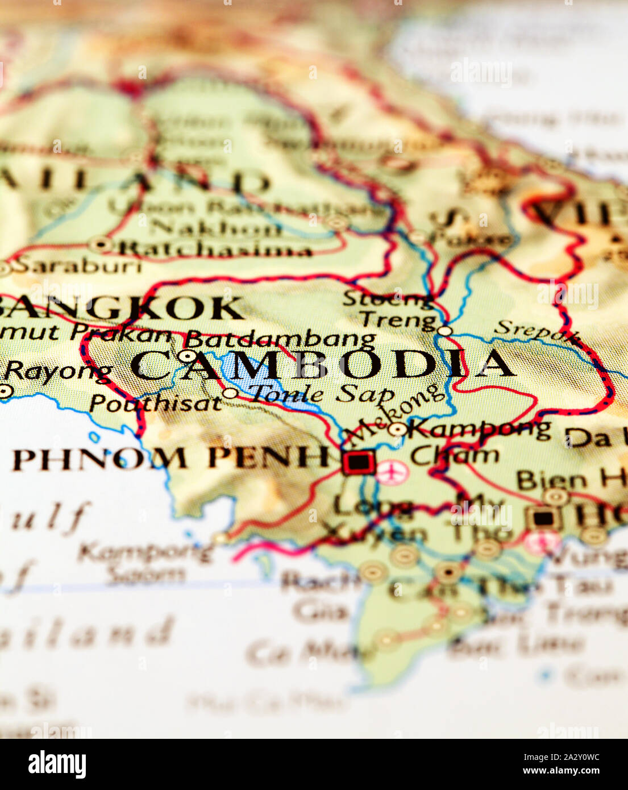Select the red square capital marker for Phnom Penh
[358, 462]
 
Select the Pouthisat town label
[155, 403]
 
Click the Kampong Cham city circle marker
[397, 429]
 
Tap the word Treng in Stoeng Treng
[397, 319]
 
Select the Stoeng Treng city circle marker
[444, 330]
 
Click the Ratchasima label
[216, 249]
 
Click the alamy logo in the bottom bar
[57, 764]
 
